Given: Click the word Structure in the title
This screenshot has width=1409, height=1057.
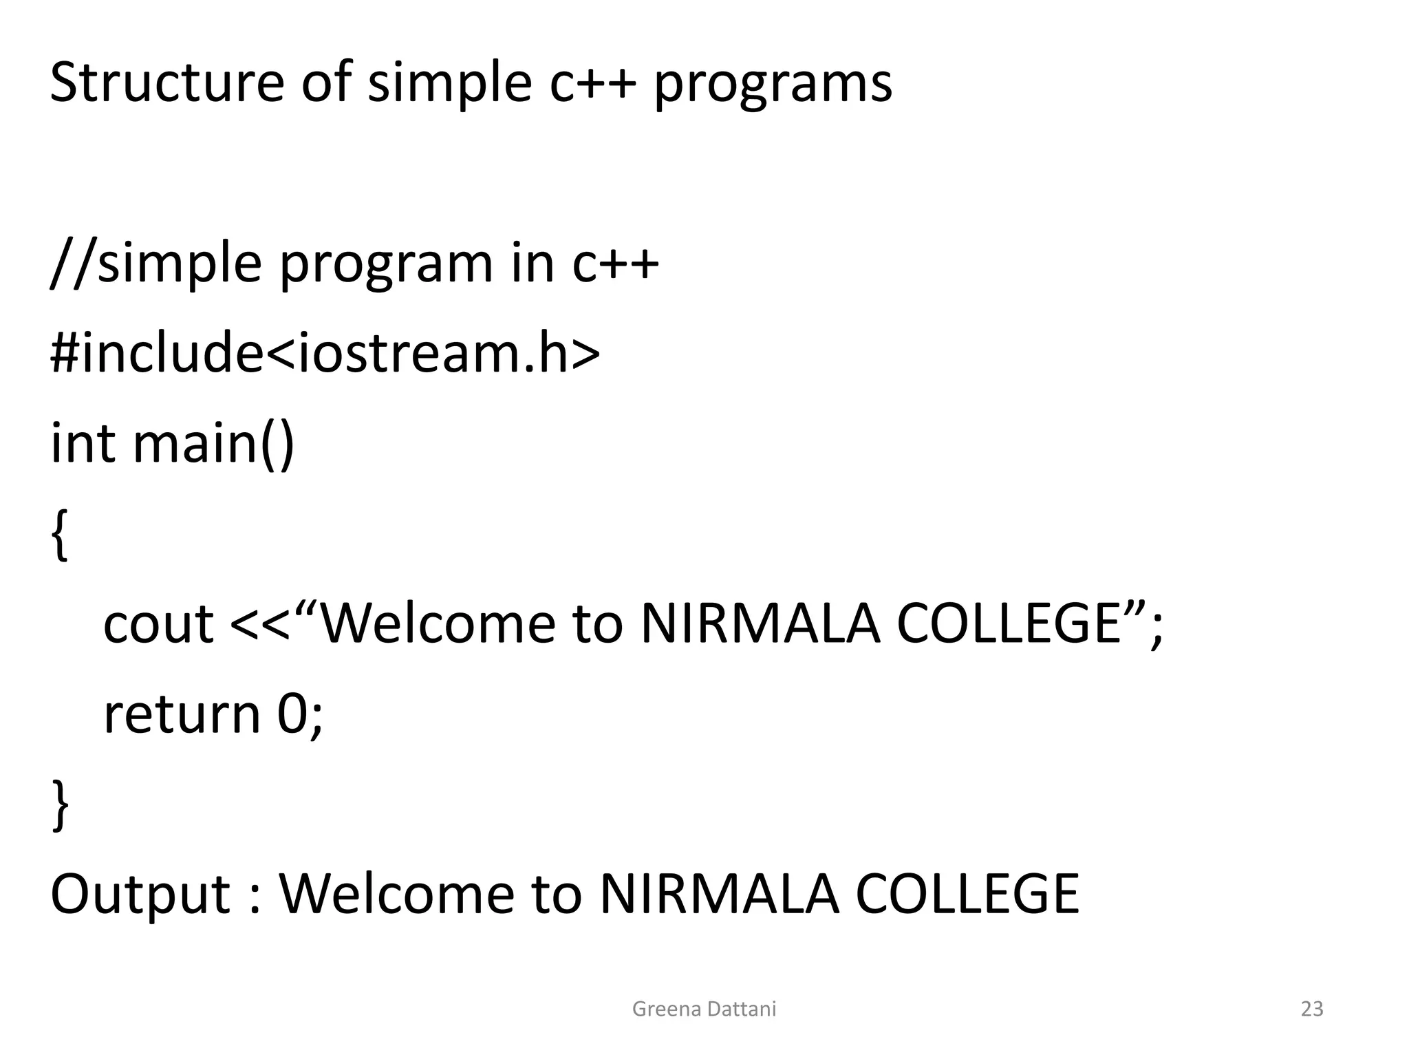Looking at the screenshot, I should click(x=166, y=83).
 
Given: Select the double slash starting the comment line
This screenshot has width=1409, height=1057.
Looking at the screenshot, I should click(x=72, y=264).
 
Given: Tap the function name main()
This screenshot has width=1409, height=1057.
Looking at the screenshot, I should click(x=213, y=444).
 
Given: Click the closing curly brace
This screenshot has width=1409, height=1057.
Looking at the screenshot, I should click(x=61, y=805).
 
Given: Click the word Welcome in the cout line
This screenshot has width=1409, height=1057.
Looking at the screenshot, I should click(x=438, y=623).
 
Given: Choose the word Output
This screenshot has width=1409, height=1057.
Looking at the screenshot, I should click(x=140, y=895).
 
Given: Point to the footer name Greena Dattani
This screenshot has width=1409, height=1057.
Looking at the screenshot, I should click(x=704, y=1009).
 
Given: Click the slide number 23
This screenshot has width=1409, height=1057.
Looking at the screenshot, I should click(x=1312, y=1009).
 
